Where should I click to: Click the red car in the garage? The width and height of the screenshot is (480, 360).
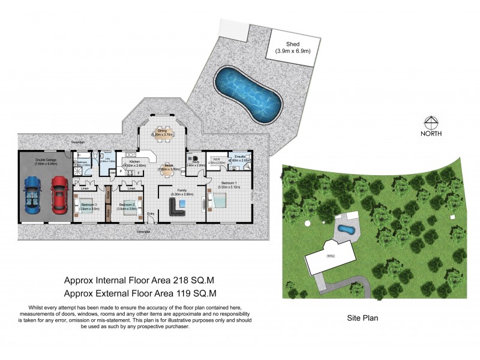click(x=58, y=194)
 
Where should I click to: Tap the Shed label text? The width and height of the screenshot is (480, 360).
click(x=292, y=44)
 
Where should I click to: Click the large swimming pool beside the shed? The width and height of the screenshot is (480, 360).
click(x=248, y=94)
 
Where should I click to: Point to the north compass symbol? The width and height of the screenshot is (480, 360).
click(x=431, y=121)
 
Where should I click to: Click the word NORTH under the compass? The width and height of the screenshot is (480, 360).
click(x=431, y=133)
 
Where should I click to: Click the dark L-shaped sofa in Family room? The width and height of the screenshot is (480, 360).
click(x=178, y=208)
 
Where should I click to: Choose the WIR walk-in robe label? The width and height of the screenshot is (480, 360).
click(x=215, y=160)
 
